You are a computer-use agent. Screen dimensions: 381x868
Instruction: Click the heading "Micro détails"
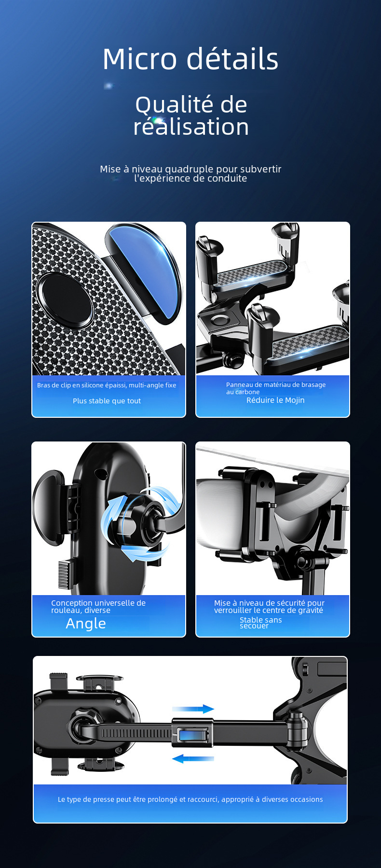pyautogui.click(x=190, y=59)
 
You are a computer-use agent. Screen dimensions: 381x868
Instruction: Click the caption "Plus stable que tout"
pyautogui.click(x=107, y=401)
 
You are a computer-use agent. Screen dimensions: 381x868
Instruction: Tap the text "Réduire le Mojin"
pyautogui.click(x=275, y=400)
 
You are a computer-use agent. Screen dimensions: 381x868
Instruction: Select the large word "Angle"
pyautogui.click(x=86, y=624)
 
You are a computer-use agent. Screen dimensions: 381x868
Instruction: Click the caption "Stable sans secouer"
pyautogui.click(x=260, y=623)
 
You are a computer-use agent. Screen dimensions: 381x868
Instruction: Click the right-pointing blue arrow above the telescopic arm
pyautogui.click(x=193, y=709)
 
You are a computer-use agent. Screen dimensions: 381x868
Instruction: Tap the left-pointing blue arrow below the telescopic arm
pyautogui.click(x=193, y=759)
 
